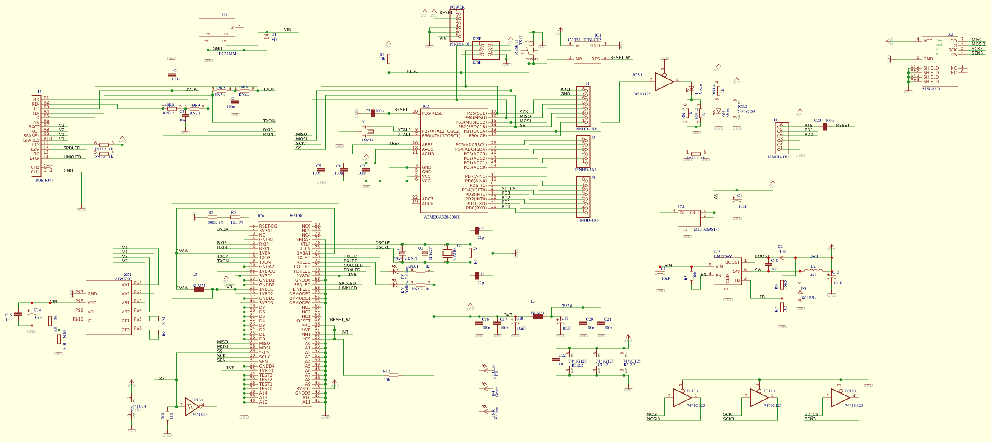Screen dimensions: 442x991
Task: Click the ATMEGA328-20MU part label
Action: pyautogui.click(x=442, y=217)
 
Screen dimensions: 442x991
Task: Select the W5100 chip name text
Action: pyautogui.click(x=296, y=216)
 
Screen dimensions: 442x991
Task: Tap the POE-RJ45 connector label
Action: pyautogui.click(x=44, y=180)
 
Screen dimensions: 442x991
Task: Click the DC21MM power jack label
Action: pyautogui.click(x=227, y=54)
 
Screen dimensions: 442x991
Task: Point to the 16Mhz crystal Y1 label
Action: pyautogui.click(x=367, y=140)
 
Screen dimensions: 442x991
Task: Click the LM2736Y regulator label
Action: pyautogui.click(x=723, y=256)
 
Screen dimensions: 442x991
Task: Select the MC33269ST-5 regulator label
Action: pyautogui.click(x=706, y=229)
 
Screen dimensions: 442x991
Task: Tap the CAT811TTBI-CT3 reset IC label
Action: pyautogui.click(x=584, y=40)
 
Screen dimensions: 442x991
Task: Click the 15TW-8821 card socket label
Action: pyautogui.click(x=930, y=89)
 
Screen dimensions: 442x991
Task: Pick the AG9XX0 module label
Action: pyautogui.click(x=123, y=279)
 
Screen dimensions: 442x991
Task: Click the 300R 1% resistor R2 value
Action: pyautogui.click(x=215, y=223)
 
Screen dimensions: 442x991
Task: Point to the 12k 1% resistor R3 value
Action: pyautogui.click(x=236, y=223)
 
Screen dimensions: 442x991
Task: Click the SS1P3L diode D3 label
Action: pyautogui.click(x=808, y=298)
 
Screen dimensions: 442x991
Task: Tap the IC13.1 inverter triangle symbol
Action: pyautogui.click(x=192, y=407)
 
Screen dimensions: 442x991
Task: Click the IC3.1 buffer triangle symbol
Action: pyautogui.click(x=663, y=81)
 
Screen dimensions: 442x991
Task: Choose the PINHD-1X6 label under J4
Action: pyautogui.click(x=778, y=157)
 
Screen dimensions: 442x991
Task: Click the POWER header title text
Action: pyautogui.click(x=457, y=7)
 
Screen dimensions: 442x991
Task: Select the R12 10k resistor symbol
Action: pyautogui.click(x=393, y=375)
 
